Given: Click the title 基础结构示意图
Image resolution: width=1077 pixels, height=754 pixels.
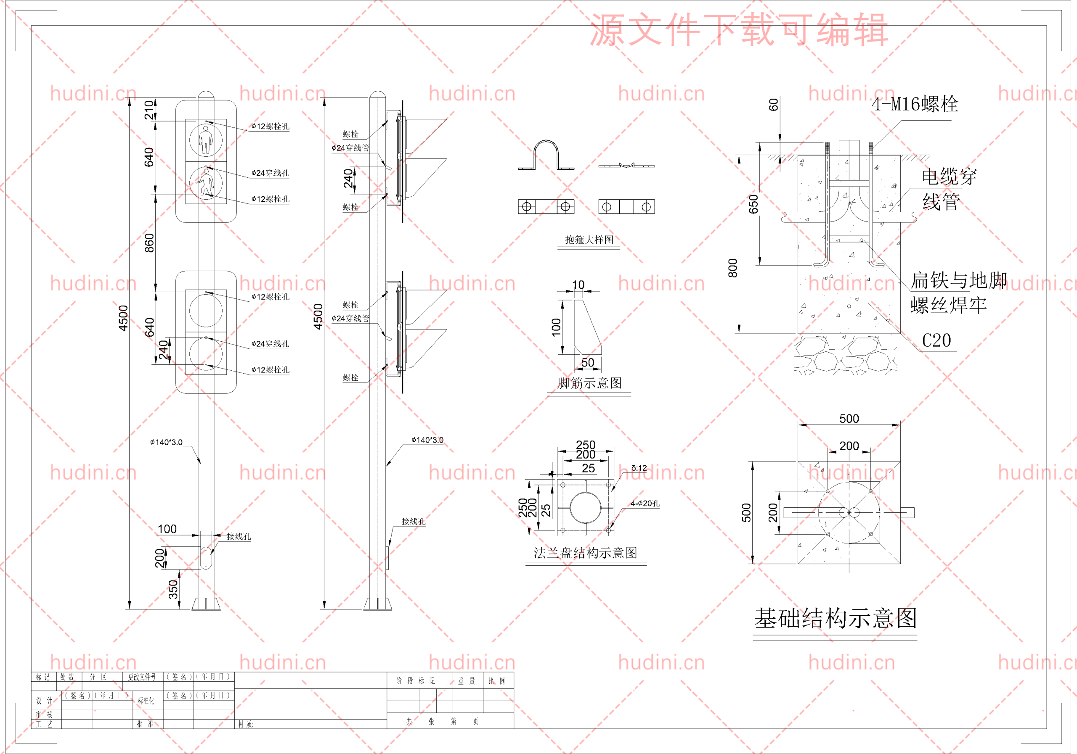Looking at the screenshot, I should (x=835, y=619).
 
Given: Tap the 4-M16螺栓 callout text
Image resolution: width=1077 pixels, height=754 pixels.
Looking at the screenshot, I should (x=914, y=104).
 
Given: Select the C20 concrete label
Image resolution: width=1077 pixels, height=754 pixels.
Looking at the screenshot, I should (x=936, y=341).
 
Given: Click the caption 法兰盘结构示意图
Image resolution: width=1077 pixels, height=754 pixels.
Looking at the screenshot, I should (x=585, y=553).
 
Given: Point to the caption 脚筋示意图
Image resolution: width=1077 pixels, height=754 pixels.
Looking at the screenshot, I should (x=590, y=383).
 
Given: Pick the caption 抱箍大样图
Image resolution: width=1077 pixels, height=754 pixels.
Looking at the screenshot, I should (x=589, y=240).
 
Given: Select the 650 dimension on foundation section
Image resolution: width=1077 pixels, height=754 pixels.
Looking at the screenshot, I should (x=753, y=204).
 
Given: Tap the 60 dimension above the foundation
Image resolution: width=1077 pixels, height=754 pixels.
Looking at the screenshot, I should (x=774, y=105).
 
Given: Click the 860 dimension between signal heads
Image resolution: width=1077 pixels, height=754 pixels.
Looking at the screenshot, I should (x=149, y=243).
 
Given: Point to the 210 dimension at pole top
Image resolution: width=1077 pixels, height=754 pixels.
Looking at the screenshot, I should (x=149, y=110).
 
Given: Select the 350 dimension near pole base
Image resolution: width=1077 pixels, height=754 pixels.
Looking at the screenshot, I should (x=173, y=590).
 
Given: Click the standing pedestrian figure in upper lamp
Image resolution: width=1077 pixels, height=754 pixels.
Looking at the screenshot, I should (x=205, y=139).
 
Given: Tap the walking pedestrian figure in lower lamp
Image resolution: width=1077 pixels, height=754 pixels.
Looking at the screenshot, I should (x=205, y=183).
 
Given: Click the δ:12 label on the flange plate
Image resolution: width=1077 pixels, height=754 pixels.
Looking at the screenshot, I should (x=639, y=468).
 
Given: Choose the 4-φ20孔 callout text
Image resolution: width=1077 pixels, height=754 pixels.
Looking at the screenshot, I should (x=645, y=503).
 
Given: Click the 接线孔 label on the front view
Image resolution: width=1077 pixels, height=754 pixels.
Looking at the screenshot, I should (x=239, y=537).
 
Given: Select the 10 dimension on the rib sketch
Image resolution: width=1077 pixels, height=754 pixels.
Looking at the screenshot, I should (x=578, y=285).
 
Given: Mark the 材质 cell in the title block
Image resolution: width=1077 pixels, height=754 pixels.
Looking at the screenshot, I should (x=245, y=725).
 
